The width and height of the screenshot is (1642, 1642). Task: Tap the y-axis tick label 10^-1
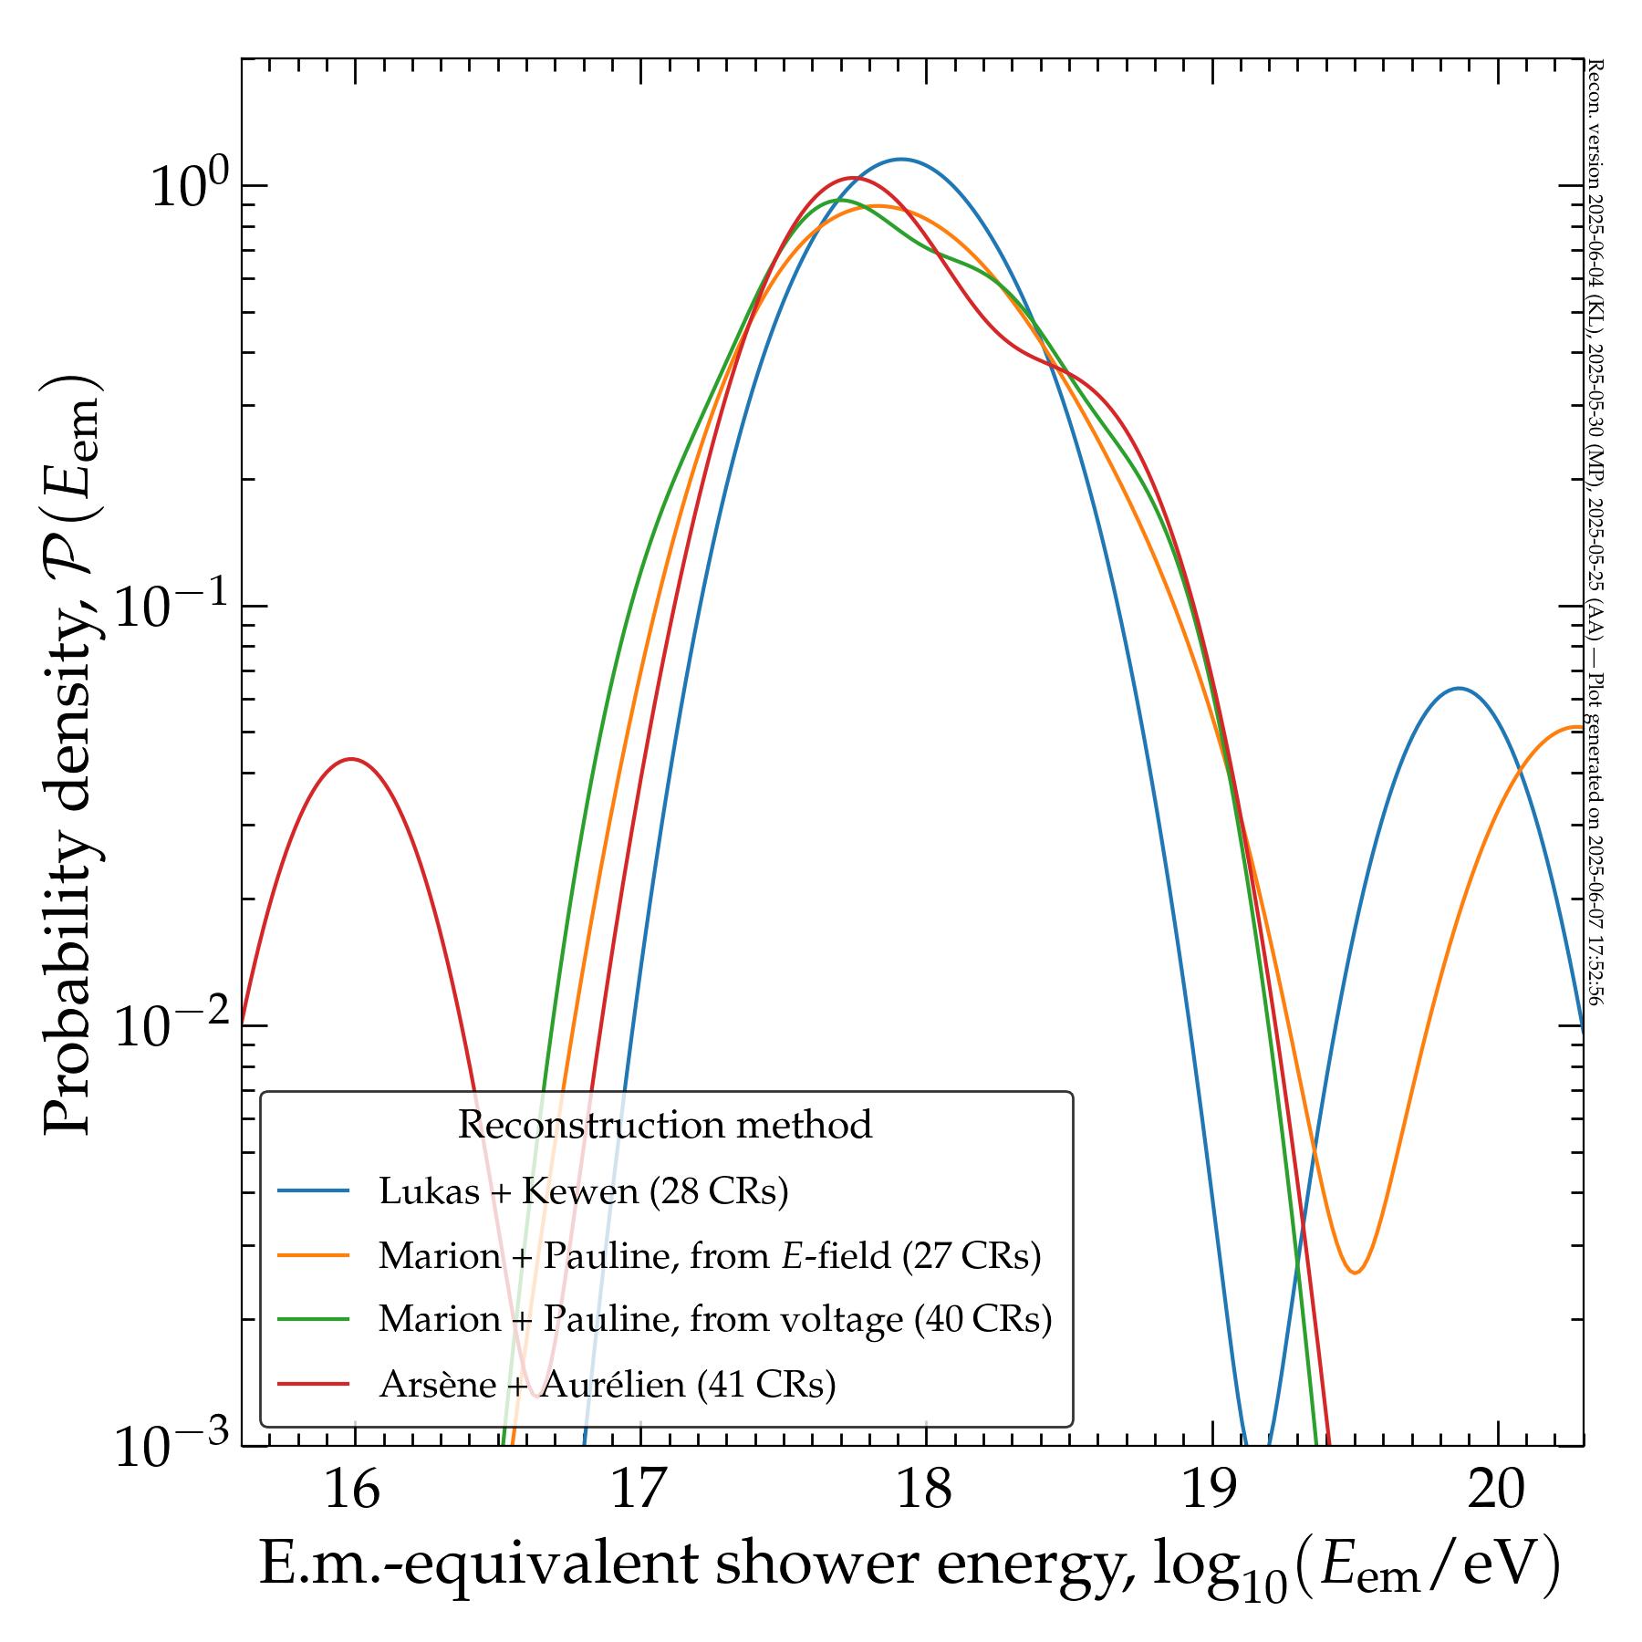pyautogui.click(x=172, y=606)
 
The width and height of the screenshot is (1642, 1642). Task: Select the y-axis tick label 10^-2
pyautogui.click(x=172, y=1025)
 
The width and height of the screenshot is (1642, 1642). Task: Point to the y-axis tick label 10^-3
pyautogui.click(x=172, y=1446)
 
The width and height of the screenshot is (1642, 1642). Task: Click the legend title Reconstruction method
pyautogui.click(x=665, y=1125)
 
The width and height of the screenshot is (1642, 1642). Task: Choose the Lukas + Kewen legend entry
pyautogui.click(x=583, y=1191)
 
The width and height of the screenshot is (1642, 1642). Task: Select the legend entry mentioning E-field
pyautogui.click(x=709, y=1256)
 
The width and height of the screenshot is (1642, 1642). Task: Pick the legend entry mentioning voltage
pyautogui.click(x=715, y=1320)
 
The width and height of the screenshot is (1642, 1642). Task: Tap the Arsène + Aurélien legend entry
pyautogui.click(x=607, y=1385)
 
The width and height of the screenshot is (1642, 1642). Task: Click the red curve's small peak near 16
pyautogui.click(x=351, y=759)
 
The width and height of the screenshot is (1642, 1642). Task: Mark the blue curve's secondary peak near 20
pyautogui.click(x=1460, y=689)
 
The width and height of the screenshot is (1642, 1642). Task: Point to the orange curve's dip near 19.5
pyautogui.click(x=1356, y=1273)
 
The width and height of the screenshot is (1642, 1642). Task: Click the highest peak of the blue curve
pyautogui.click(x=901, y=160)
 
